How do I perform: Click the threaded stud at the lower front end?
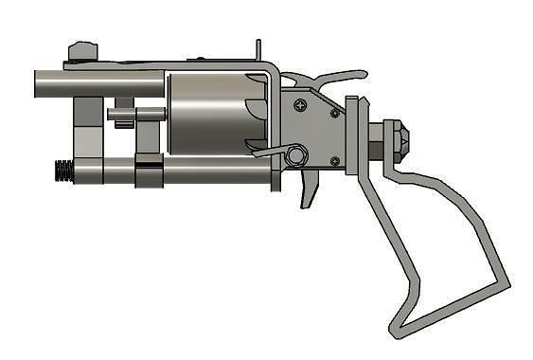coord(62,172)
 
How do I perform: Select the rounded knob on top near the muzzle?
coord(83,49)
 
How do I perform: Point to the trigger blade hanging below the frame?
coord(310,190)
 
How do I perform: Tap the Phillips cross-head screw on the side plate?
coord(301,104)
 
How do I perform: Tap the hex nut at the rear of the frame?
coord(396,140)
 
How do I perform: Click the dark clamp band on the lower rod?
coord(147,173)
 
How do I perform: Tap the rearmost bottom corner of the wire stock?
coord(505,284)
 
